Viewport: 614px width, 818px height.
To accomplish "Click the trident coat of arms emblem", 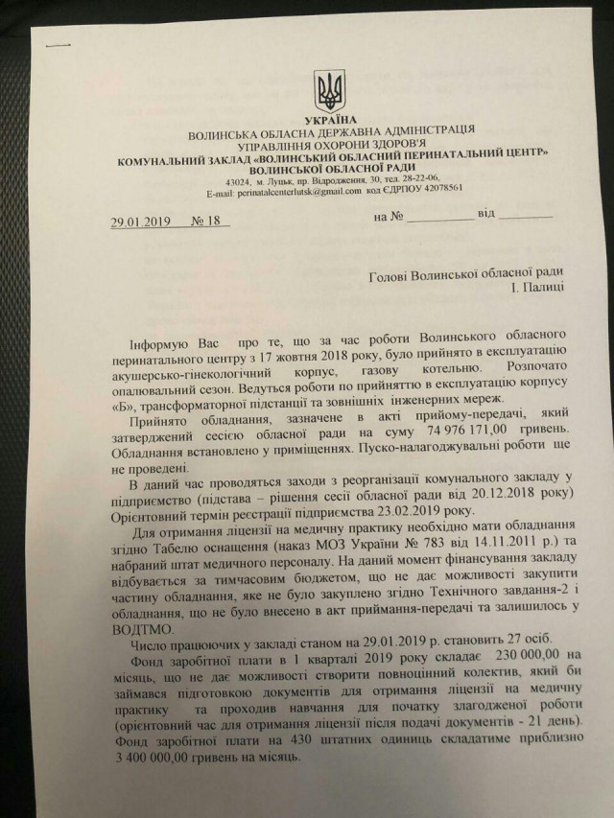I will pyautogui.click(x=327, y=91).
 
